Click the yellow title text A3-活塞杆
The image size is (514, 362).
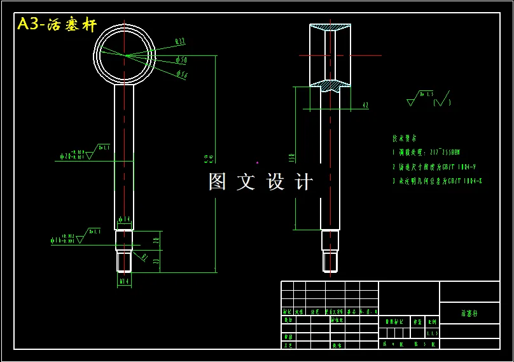pyautogui.click(x=57, y=25)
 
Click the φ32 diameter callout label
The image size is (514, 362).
pyautogui.click(x=180, y=42)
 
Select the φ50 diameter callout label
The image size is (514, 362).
pyautogui.click(x=181, y=60)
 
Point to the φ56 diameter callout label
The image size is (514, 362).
pyautogui.click(x=181, y=75)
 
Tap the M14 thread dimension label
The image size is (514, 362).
pyautogui.click(x=124, y=280)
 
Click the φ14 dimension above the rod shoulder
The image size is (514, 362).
pyautogui.click(x=124, y=219)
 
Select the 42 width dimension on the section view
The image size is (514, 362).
pyautogui.click(x=365, y=104)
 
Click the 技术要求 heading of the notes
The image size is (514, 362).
pyautogui.click(x=405, y=137)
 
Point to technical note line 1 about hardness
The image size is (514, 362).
pyautogui.click(x=426, y=153)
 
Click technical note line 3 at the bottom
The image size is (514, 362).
pyautogui.click(x=437, y=181)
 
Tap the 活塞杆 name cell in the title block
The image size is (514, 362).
pyautogui.click(x=469, y=314)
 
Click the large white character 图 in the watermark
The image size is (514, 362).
pyautogui.click(x=217, y=182)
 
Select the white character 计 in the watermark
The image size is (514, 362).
pyautogui.click(x=304, y=182)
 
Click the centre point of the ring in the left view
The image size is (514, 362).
pyautogui.click(x=125, y=55)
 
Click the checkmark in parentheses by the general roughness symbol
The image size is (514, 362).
pyautogui.click(x=442, y=101)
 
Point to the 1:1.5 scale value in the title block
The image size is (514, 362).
pyautogui.click(x=432, y=333)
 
